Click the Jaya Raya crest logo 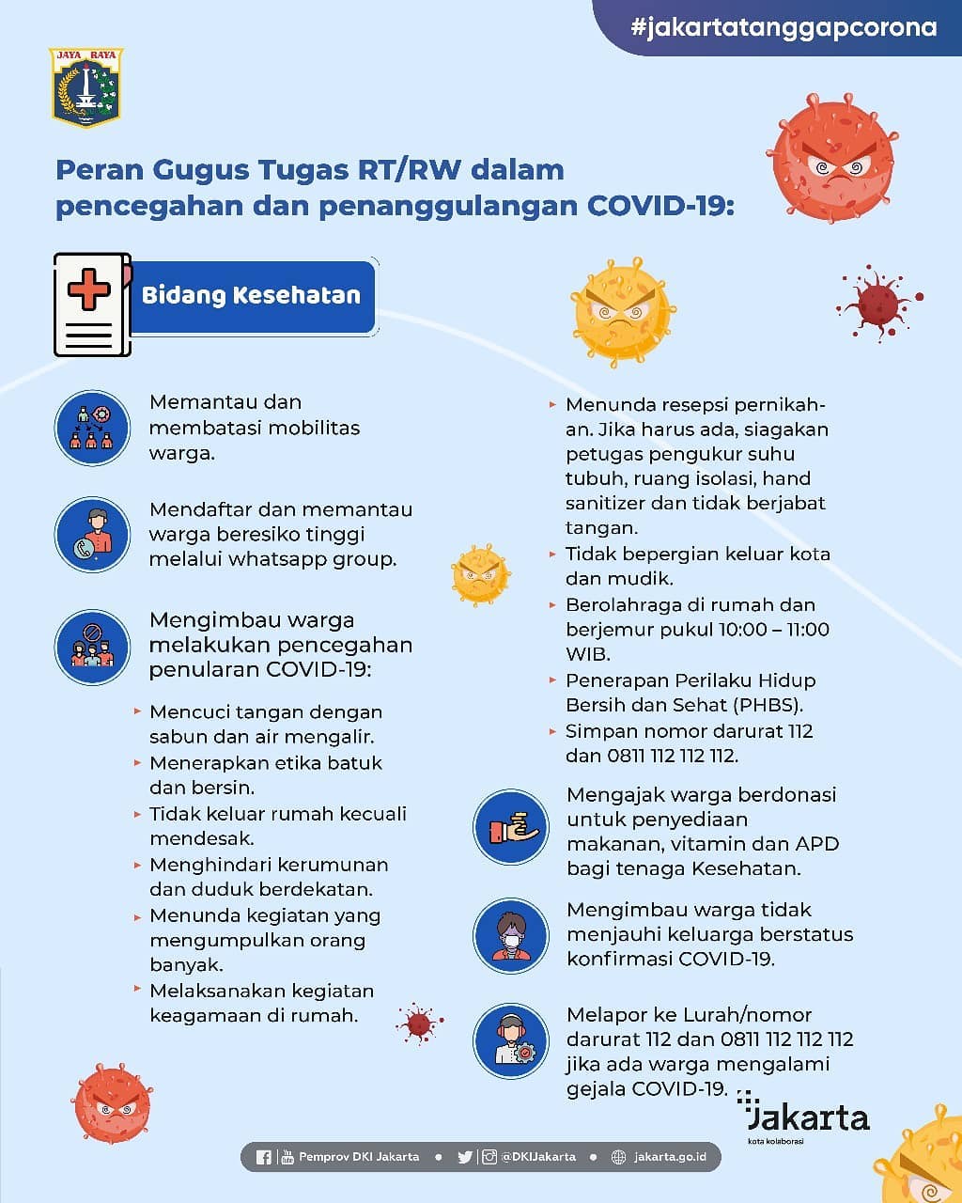85,87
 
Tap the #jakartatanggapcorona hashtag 784,27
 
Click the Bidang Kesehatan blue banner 252,296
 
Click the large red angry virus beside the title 830,157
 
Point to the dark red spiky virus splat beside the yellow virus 879,303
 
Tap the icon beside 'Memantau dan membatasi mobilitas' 92,428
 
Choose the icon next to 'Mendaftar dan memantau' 92,534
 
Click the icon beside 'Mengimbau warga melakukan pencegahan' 92,647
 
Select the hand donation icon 510,828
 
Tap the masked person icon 510,936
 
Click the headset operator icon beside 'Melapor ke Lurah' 510,1041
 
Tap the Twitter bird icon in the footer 465,1157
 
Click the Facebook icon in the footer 263,1157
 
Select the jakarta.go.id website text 670,1157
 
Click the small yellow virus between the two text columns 480,574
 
